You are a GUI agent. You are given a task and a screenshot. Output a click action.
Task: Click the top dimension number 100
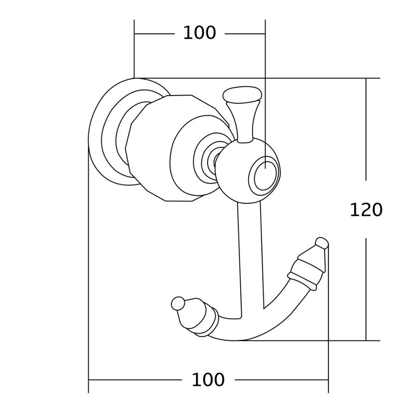tap(199, 33)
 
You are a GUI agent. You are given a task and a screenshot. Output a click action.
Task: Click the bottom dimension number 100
tap(208, 380)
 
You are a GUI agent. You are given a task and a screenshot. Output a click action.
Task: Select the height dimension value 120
tap(366, 210)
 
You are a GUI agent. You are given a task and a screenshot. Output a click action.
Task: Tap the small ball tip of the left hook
tap(178, 303)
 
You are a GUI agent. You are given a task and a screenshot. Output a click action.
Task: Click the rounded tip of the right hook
tap(322, 243)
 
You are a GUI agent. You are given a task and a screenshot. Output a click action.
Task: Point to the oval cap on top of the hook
tap(242, 94)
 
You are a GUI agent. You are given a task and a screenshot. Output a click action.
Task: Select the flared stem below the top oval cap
tap(242, 122)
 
